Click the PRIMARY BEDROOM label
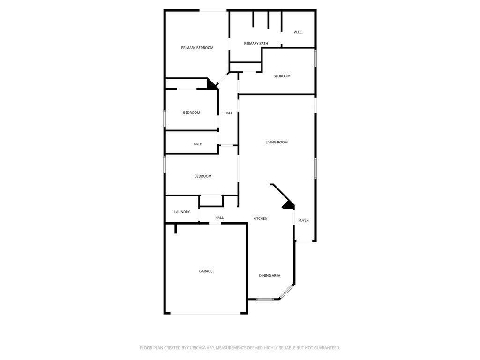(197, 48)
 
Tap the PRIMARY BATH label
(256, 44)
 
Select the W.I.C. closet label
(298, 32)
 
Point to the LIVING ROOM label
(277, 142)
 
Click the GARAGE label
(206, 271)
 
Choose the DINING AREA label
(270, 276)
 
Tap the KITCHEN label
(260, 218)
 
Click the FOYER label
(303, 220)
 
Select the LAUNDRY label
(182, 212)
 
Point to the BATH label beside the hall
(198, 144)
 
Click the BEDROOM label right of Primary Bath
(282, 76)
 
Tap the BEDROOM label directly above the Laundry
(202, 176)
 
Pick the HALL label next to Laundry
(219, 217)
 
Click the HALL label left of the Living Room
(228, 113)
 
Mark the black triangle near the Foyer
(289, 205)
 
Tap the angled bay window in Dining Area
(286, 292)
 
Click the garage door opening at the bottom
(205, 313)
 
